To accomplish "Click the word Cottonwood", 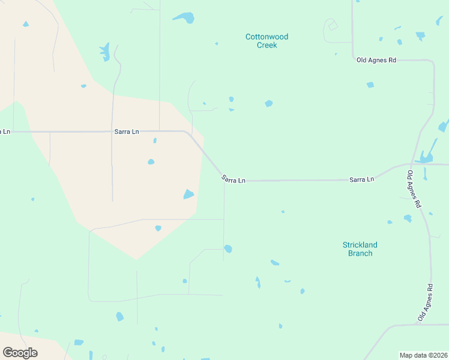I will tap(267, 37).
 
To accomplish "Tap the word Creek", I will tap(267, 45).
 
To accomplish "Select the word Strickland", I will tap(360, 245).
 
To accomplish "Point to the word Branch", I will tap(360, 253).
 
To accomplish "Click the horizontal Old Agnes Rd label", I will tap(376, 60).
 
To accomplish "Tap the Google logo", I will tap(20, 353).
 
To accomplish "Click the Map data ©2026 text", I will tap(423, 355).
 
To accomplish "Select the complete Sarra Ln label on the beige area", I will tap(127, 131).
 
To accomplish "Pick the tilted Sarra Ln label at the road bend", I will tap(233, 179).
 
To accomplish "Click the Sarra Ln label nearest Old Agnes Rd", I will tap(362, 179).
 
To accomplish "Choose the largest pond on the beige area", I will tap(188, 194).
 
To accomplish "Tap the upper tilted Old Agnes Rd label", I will tap(414, 189).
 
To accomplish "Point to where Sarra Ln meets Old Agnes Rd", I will tap(414, 164).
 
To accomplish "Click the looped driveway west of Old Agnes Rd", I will tap(331, 26).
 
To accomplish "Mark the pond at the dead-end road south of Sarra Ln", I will tap(228, 248).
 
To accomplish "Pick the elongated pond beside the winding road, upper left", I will tap(105, 52).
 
